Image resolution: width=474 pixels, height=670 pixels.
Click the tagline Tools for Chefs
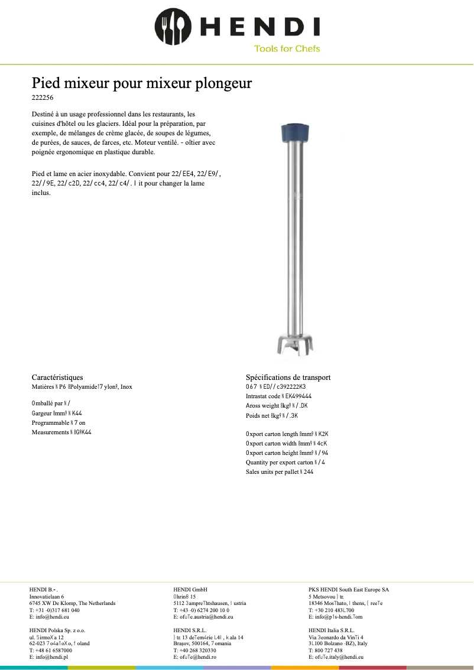[x=287, y=48]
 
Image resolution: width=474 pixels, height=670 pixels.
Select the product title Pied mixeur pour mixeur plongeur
[x=141, y=83]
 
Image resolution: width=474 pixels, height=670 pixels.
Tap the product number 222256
[x=42, y=97]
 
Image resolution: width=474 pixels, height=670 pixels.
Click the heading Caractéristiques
[x=57, y=377]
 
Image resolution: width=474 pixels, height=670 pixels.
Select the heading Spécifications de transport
[x=288, y=377]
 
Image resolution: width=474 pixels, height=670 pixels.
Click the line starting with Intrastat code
[x=278, y=396]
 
